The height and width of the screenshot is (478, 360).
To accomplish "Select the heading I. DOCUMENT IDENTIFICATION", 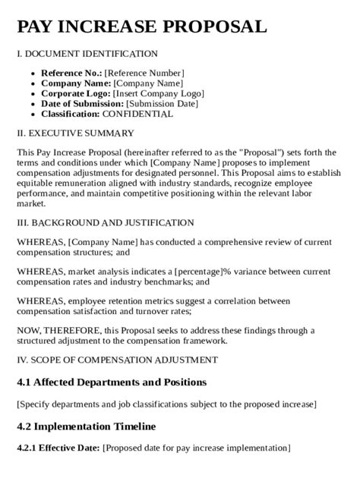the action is tap(87, 54).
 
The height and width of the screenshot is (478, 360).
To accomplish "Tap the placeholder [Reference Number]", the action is tap(144, 73).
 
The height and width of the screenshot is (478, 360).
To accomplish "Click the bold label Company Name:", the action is tap(76, 83).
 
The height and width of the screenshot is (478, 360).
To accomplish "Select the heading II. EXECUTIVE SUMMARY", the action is tap(75, 133).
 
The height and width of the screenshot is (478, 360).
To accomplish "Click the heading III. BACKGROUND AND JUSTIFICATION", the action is tap(105, 222).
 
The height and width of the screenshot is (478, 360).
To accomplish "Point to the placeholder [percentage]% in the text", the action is tap(203, 269).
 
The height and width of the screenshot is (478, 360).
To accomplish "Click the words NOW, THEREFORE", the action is tap(51, 330).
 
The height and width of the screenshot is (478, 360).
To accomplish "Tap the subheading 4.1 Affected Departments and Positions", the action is tap(112, 382).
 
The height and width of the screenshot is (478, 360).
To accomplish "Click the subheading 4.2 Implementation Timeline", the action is tap(86, 426).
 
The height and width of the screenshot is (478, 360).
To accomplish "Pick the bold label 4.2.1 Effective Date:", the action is tap(58, 448).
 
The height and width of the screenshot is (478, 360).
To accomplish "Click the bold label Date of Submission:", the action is tap(82, 104).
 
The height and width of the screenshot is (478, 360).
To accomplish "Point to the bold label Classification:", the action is tap(70, 114).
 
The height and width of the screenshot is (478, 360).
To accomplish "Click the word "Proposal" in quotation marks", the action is tap(260, 153).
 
